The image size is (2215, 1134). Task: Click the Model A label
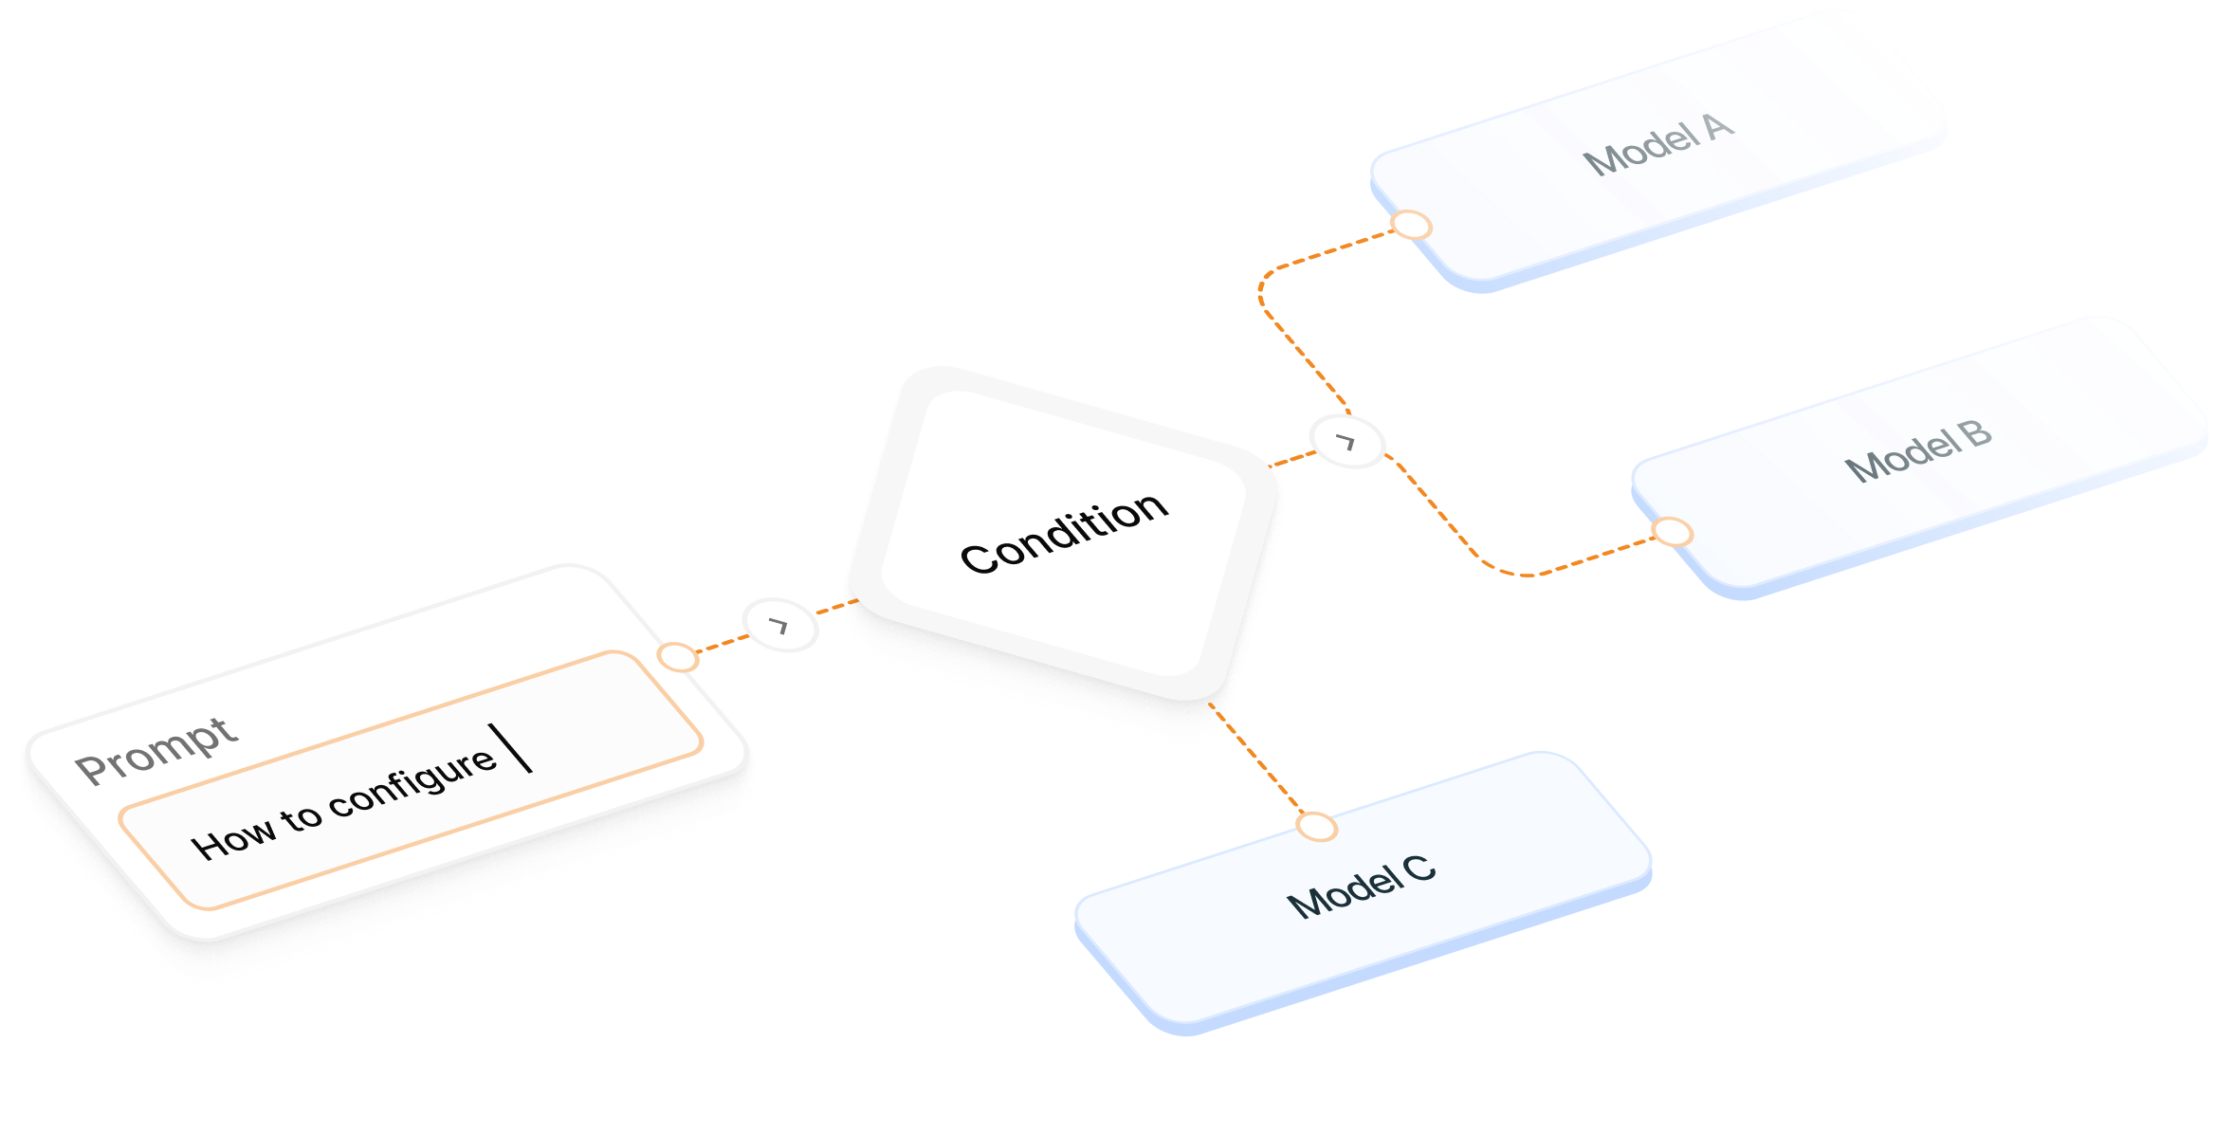(x=1660, y=145)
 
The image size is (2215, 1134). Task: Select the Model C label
(x=1361, y=887)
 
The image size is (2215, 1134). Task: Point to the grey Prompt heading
(x=156, y=751)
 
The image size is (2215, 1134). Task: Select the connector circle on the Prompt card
(x=678, y=657)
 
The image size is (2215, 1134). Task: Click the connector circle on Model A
(x=1411, y=226)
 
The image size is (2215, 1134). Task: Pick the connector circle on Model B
(x=1673, y=532)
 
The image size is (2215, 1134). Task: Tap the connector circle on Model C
(x=1316, y=828)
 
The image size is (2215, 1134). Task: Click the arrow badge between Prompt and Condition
(x=779, y=625)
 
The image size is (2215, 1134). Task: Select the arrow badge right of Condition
(x=1346, y=442)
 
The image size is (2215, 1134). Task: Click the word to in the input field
(x=301, y=816)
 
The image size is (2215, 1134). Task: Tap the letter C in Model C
(x=1419, y=869)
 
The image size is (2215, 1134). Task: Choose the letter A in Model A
(x=1718, y=127)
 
